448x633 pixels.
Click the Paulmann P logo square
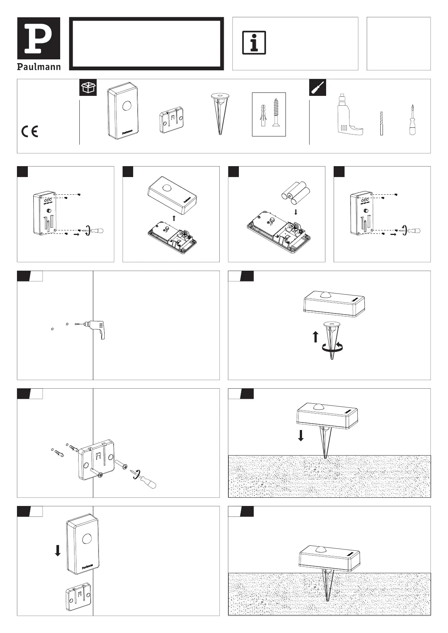[39, 38]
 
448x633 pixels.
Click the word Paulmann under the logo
[39, 67]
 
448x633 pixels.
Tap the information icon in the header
[254, 42]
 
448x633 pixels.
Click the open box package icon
[88, 87]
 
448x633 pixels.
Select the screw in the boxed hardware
[277, 112]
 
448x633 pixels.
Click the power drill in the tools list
[348, 115]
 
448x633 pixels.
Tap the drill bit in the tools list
[381, 123]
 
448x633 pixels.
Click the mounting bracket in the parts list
[172, 121]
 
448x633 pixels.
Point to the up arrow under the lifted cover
[173, 218]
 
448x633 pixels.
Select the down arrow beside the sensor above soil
[301, 436]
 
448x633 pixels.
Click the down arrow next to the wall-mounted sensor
[58, 551]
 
